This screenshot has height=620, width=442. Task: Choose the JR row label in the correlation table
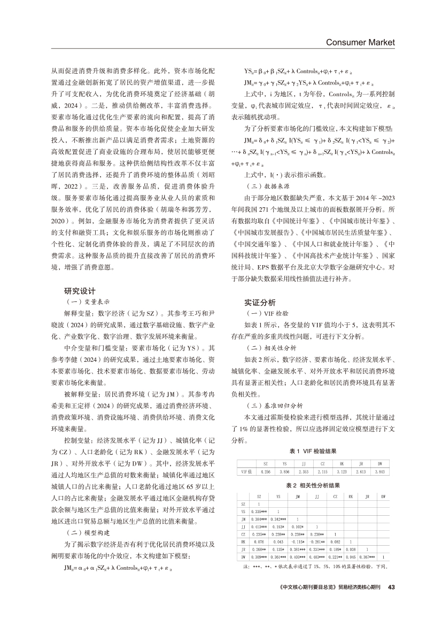click(x=243, y=549)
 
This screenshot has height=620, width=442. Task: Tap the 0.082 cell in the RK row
click(x=335, y=541)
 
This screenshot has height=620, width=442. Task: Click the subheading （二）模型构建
click(x=86, y=533)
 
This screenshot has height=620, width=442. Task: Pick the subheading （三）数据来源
click(x=265, y=188)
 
